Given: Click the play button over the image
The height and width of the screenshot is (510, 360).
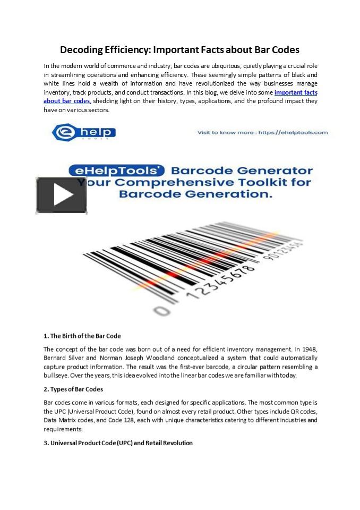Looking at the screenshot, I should pyautogui.click(x=62, y=195).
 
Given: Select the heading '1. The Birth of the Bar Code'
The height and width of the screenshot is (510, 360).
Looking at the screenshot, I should pyautogui.click(x=82, y=336).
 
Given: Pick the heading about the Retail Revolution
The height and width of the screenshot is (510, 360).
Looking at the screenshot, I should pyautogui.click(x=118, y=443).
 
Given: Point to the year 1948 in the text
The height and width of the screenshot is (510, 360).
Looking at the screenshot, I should pyautogui.click(x=308, y=349).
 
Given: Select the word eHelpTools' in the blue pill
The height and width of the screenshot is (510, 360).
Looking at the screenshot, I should pyautogui.click(x=117, y=171).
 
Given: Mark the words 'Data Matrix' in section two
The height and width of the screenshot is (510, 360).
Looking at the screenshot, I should pyautogui.click(x=62, y=420).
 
